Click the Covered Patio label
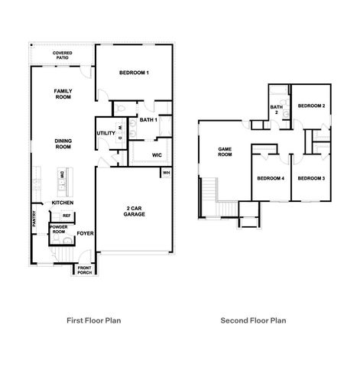63,55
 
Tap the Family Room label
63,94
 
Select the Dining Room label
63,143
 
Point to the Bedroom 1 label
134,73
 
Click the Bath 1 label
148,119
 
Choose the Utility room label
105,134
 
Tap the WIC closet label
156,154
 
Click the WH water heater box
165,173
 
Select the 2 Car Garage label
135,211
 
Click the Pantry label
34,220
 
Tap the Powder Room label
59,229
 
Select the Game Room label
225,151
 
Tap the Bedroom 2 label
312,105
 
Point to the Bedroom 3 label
312,178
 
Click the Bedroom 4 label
270,178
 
